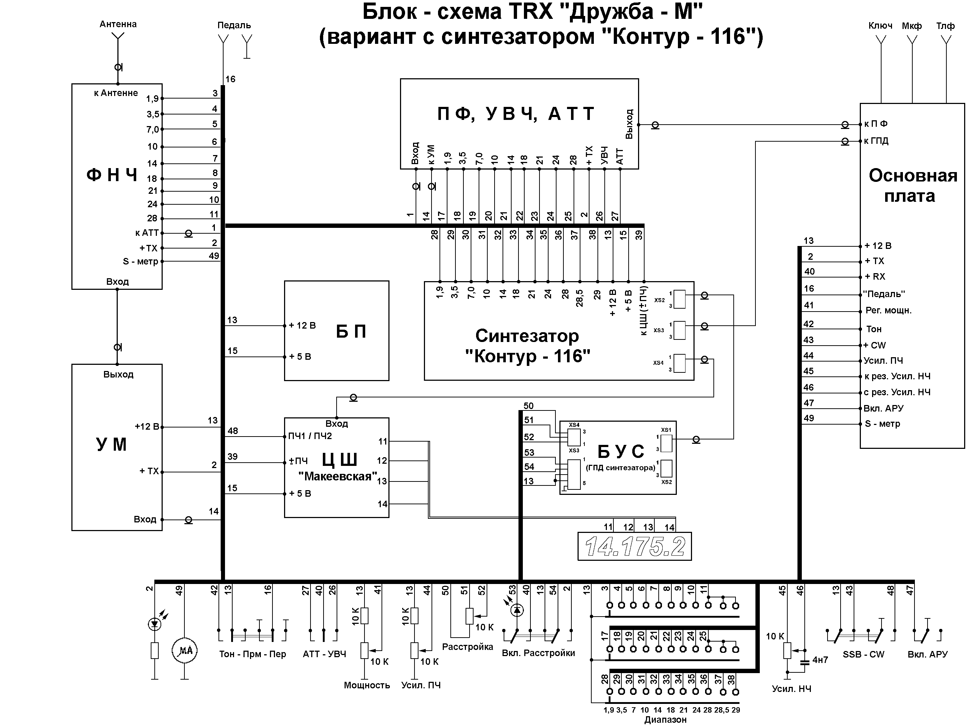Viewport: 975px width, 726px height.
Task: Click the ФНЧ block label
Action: [x=112, y=175]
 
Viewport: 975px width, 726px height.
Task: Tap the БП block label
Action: [x=351, y=331]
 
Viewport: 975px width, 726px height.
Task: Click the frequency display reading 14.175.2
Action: [x=634, y=546]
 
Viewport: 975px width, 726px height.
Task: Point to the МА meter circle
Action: [x=184, y=650]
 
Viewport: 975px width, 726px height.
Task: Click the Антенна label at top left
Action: [x=118, y=24]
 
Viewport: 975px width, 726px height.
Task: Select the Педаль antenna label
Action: [x=234, y=25]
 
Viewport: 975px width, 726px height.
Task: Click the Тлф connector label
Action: [x=945, y=26]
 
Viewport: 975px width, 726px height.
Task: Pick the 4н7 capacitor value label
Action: [x=820, y=660]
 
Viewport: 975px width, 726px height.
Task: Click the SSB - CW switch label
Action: [x=863, y=654]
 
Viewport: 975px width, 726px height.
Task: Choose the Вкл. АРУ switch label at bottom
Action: [x=928, y=654]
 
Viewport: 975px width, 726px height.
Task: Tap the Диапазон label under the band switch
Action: [x=665, y=719]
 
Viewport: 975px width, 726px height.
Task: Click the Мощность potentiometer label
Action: [x=367, y=685]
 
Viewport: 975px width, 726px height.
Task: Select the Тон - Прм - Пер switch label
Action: [x=253, y=654]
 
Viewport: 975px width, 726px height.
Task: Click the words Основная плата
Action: [x=913, y=185]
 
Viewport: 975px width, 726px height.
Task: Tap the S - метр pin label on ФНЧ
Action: [x=140, y=262]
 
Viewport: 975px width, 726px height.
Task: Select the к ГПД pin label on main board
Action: [x=876, y=141]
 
